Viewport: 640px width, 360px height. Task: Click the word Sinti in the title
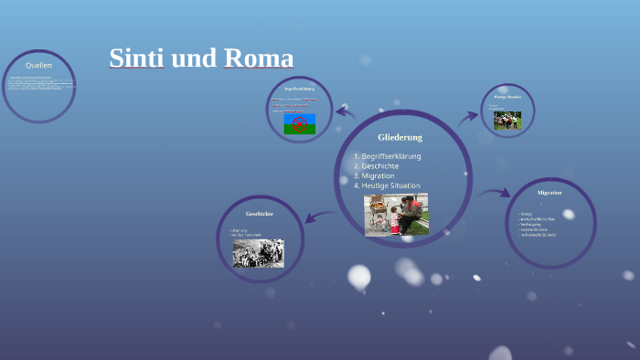(135, 58)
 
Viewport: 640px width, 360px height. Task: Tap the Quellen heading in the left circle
(38, 66)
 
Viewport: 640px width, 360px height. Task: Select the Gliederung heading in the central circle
(400, 137)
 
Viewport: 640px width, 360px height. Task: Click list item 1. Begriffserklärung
(388, 156)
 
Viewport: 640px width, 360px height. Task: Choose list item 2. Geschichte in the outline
(377, 166)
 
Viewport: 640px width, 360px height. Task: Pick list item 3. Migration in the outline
(375, 175)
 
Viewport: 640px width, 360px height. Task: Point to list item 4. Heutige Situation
(388, 185)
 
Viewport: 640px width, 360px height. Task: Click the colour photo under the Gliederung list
(396, 214)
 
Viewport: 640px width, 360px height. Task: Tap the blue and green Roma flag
(299, 124)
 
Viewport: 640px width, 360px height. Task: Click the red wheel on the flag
(299, 123)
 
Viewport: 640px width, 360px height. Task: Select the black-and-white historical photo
(258, 253)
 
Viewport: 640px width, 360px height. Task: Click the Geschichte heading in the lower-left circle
(260, 213)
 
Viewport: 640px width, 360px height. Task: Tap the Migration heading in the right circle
(549, 193)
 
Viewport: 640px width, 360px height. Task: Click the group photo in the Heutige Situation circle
(507, 120)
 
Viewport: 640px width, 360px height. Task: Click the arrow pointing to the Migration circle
(495, 193)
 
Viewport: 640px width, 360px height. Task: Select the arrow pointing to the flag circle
(346, 112)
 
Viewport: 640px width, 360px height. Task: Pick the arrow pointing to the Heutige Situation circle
(469, 116)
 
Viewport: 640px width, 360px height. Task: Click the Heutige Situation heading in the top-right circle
(507, 96)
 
